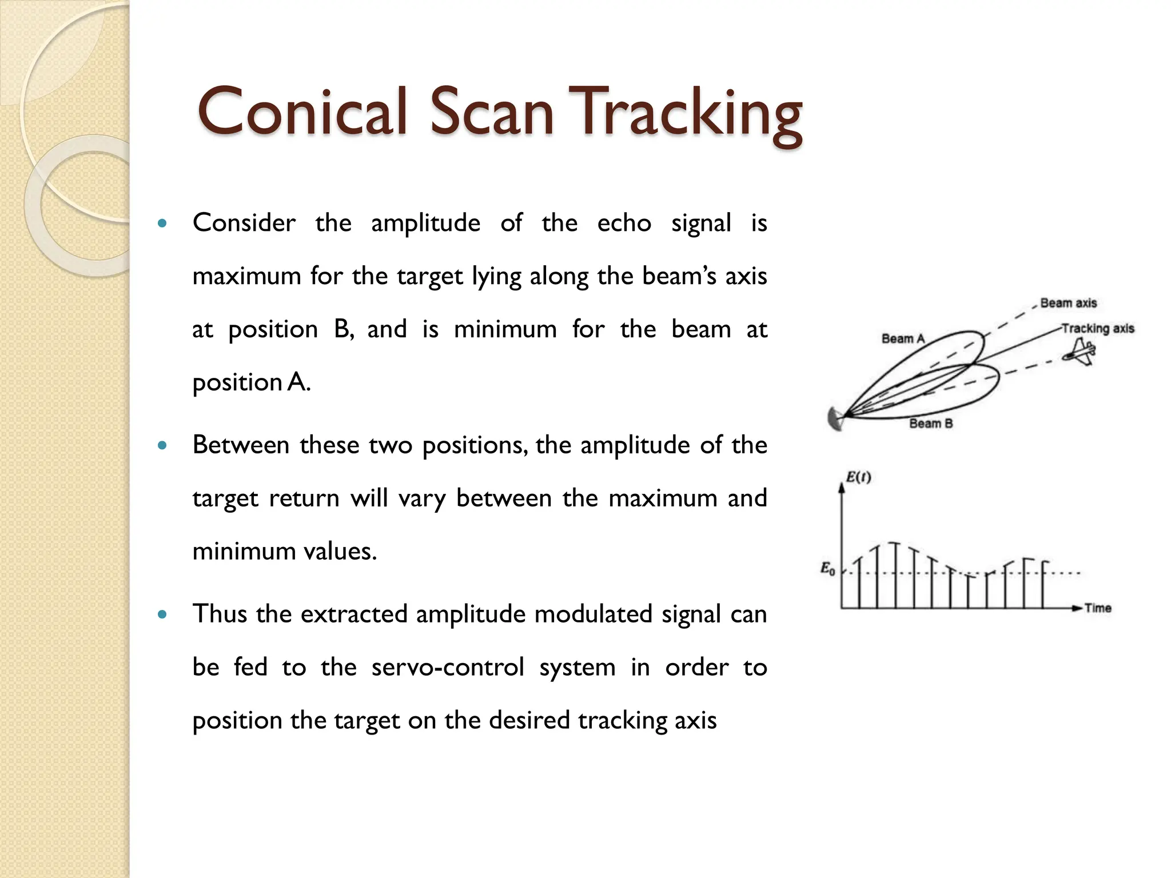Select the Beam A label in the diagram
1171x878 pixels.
903,338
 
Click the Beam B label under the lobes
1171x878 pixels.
931,424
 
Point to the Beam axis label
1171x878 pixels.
1068,303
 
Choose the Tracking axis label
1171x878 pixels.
1098,329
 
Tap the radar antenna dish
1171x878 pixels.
835,419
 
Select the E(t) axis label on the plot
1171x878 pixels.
858,477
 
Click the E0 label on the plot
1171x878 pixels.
827,569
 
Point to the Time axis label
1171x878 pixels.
1098,608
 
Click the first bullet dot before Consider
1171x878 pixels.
163,224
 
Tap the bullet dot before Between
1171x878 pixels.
163,445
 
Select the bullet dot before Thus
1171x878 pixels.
163,615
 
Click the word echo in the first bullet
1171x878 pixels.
624,223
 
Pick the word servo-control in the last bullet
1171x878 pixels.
448,667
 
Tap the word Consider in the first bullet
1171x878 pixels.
244,223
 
